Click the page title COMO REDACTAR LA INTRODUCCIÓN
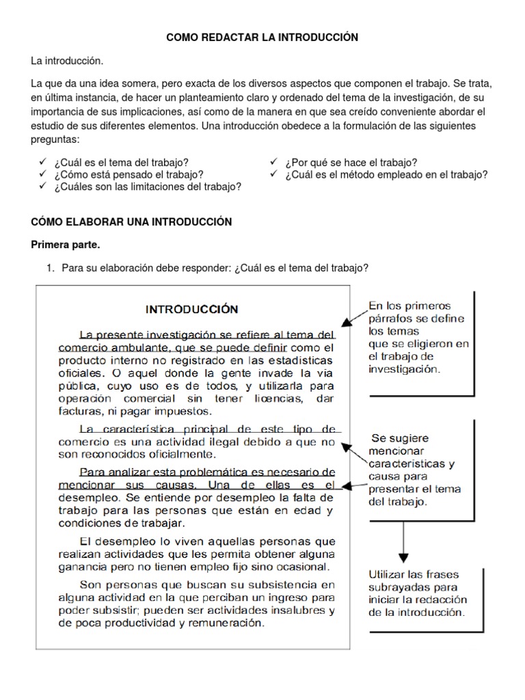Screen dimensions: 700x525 tap(262, 37)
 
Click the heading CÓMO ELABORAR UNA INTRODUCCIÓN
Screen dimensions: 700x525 tap(131, 222)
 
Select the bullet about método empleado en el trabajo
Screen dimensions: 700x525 tap(386, 174)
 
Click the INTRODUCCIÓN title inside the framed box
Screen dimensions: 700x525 tap(192, 309)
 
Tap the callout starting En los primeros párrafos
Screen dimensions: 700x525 tap(417, 337)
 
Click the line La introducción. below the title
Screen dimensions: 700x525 tap(67, 62)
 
